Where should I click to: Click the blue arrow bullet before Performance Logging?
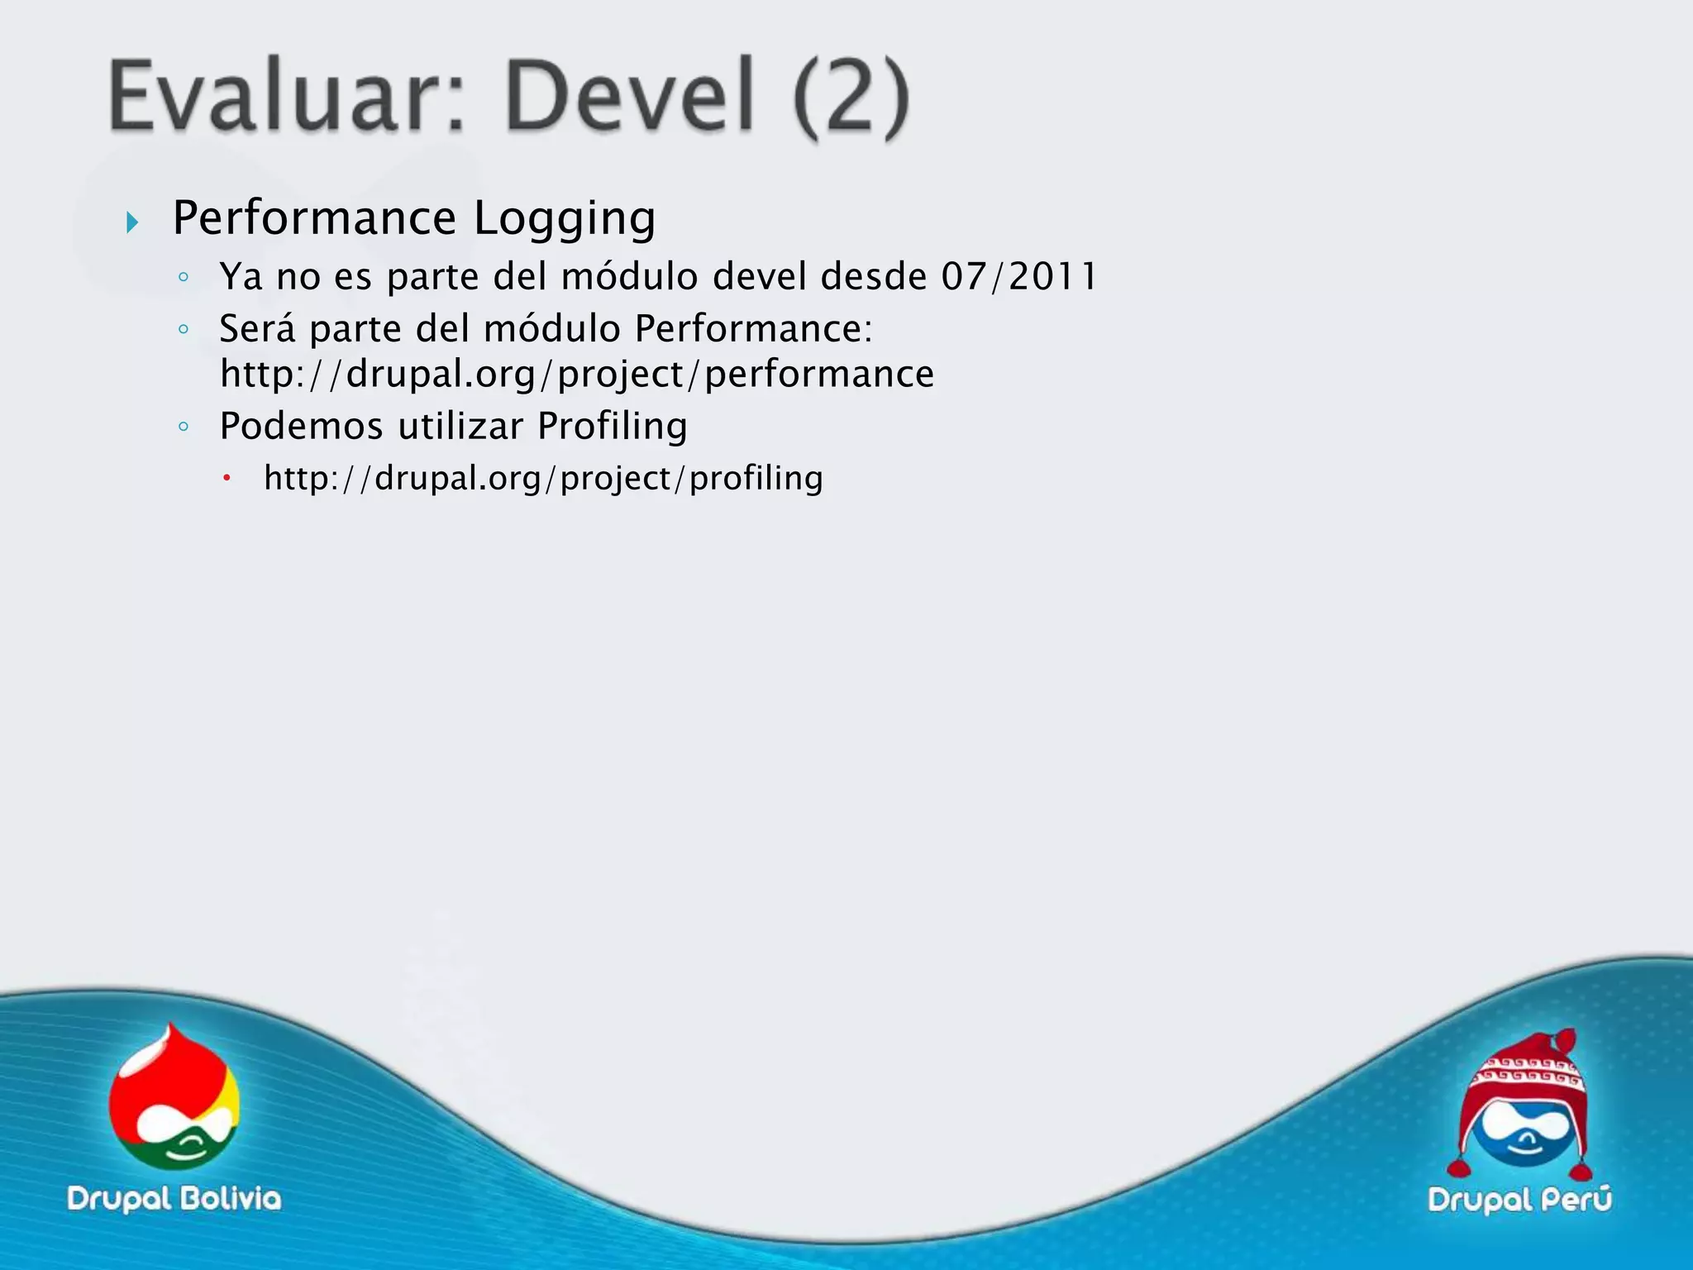tap(132, 222)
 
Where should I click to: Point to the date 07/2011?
tap(1019, 276)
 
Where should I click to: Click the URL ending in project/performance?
tap(577, 374)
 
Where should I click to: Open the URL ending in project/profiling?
tap(543, 478)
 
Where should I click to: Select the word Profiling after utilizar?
tap(613, 427)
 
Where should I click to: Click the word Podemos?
tap(302, 427)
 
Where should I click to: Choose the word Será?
tap(257, 328)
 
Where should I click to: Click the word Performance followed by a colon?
tap(753, 328)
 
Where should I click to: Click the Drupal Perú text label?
tap(1519, 1200)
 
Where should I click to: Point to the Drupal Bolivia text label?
tap(174, 1199)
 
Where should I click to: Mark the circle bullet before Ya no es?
tap(184, 277)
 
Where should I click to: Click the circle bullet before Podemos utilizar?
tap(184, 427)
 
